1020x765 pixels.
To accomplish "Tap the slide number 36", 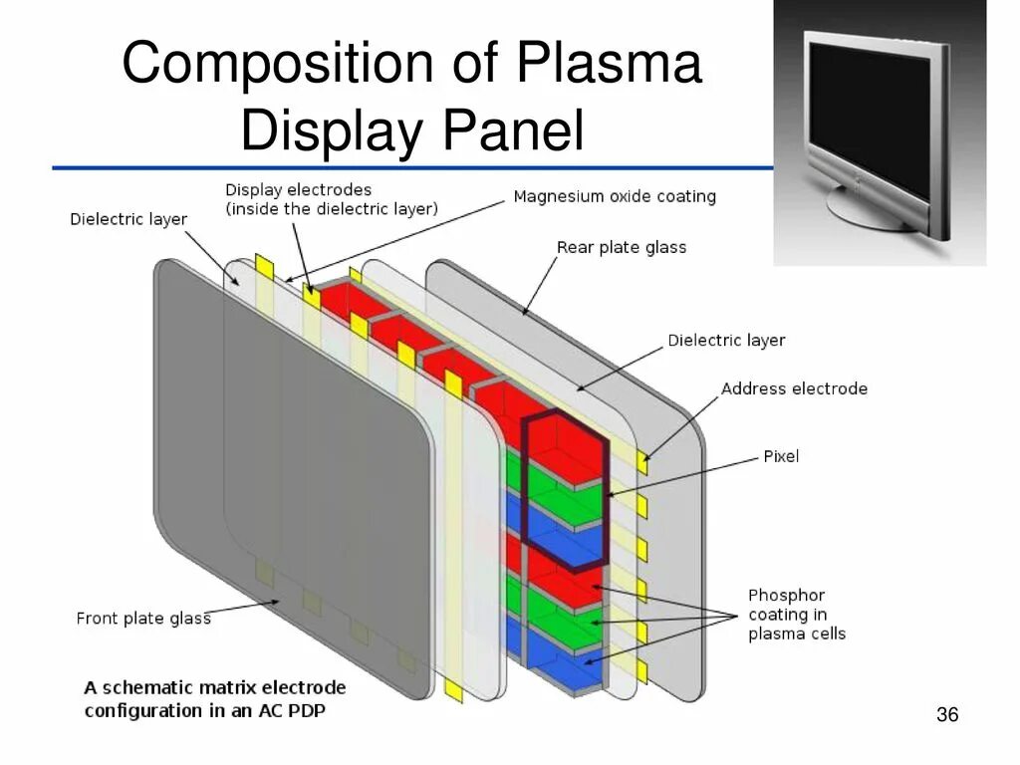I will point(947,715).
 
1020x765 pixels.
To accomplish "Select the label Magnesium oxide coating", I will point(615,196).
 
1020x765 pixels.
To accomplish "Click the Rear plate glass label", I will point(622,247).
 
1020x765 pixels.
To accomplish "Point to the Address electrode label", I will point(794,388).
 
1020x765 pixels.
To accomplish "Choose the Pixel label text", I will point(781,456).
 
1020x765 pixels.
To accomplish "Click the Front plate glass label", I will point(143,619).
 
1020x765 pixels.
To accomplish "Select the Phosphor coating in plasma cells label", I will point(796,615).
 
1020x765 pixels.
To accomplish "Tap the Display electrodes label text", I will point(298,189).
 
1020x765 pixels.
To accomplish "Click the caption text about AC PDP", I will point(215,698).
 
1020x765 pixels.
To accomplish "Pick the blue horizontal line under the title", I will point(398,168).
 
